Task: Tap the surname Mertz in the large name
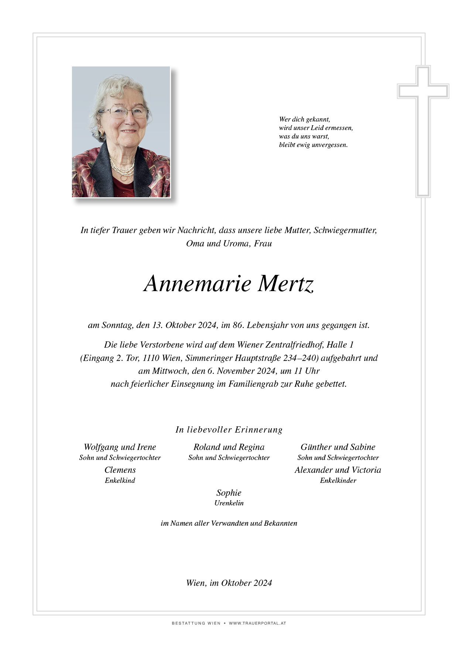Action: [286, 284]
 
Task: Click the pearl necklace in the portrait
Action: [122, 168]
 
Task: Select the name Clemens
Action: [120, 470]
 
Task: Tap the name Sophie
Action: [229, 493]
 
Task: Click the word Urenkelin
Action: [229, 503]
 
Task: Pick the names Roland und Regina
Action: [229, 447]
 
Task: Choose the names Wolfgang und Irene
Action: [120, 447]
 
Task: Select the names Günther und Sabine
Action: [338, 447]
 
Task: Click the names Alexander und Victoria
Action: [338, 470]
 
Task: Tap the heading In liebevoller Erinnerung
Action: [229, 430]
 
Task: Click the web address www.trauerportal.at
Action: [257, 623]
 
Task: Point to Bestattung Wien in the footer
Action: [196, 623]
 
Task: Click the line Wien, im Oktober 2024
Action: [229, 583]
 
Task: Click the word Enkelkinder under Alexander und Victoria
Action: [338, 481]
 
